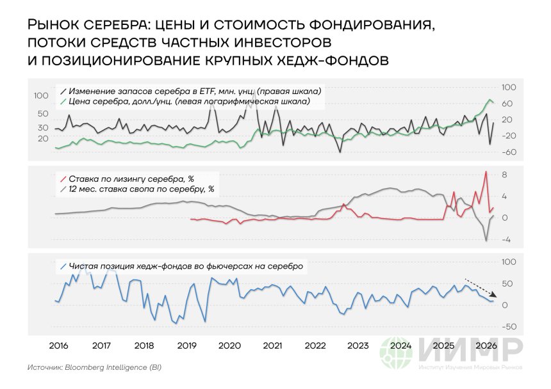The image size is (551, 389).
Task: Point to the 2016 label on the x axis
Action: [x=58, y=345]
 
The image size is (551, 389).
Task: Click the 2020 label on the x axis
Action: [x=229, y=345]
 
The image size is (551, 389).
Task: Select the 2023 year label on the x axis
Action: [x=358, y=345]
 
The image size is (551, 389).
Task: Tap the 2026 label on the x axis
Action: [x=486, y=345]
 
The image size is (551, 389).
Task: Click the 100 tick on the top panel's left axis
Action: [x=41, y=95]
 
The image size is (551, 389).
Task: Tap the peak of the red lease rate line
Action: [x=486, y=171]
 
